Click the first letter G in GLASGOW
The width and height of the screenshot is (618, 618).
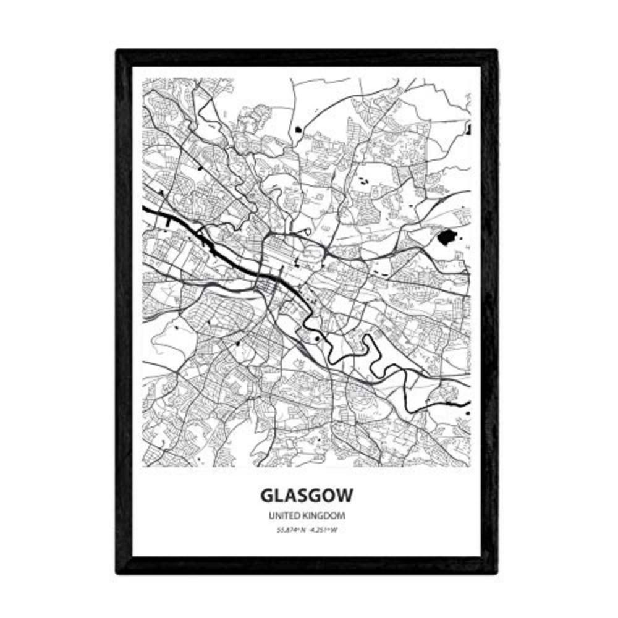pos(267,496)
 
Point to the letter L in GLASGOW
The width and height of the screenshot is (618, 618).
pos(277,496)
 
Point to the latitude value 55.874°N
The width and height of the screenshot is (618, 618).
pos(289,528)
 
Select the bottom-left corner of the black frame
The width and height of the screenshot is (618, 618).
pos(119,571)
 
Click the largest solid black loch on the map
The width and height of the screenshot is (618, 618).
pos(447,237)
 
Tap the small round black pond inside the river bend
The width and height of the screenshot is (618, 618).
pos(316,338)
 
